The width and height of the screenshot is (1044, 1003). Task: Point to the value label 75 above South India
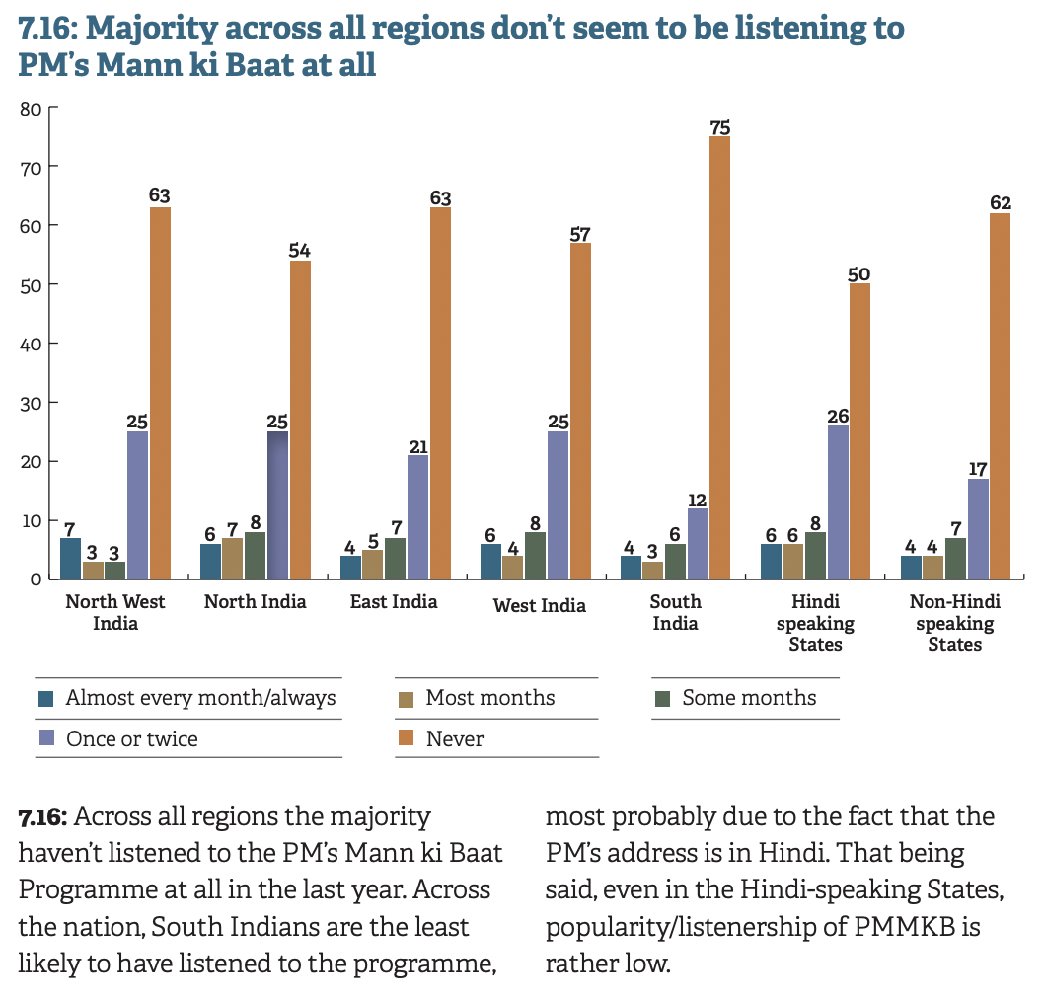(x=720, y=126)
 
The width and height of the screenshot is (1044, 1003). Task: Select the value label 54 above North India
(x=300, y=250)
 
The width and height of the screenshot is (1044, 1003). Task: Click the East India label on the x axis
(x=394, y=601)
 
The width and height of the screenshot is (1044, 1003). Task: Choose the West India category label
(x=540, y=605)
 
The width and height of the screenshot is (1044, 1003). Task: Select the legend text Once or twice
(x=132, y=738)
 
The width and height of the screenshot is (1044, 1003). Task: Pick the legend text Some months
(x=749, y=698)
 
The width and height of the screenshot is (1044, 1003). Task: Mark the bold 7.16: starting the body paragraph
(x=42, y=817)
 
